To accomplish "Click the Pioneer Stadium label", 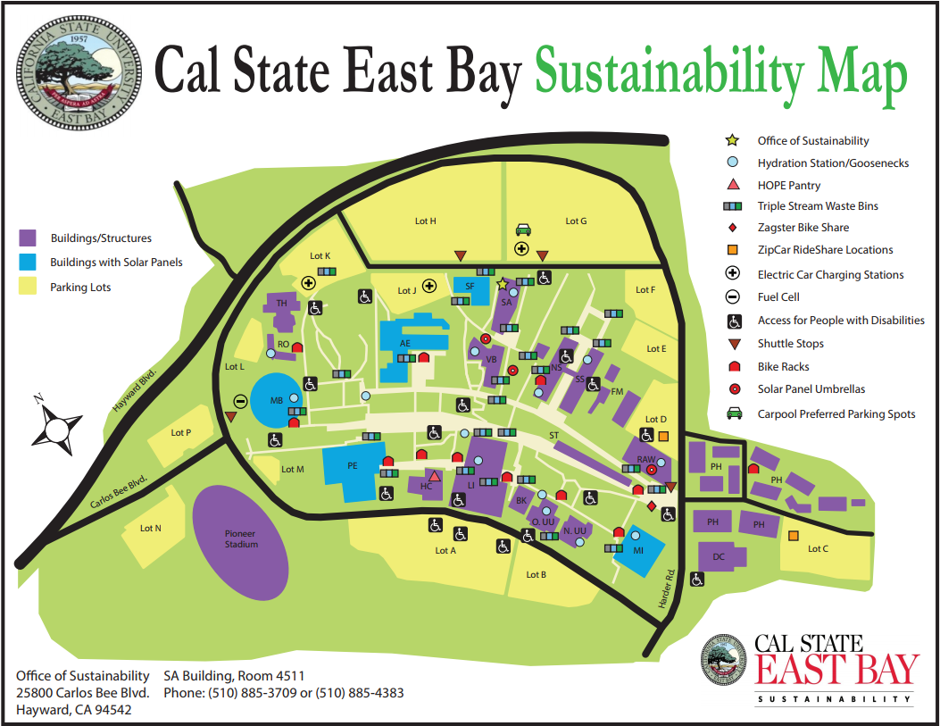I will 241,538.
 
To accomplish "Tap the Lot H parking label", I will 426,221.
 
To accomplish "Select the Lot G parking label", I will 576,221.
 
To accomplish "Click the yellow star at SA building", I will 502,283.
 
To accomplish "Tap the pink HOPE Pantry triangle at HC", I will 434,476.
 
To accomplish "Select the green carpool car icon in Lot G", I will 523,229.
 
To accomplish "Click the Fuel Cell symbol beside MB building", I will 240,401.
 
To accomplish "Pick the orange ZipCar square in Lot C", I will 793,535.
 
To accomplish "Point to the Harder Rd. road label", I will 666,590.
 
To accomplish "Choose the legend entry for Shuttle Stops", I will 790,344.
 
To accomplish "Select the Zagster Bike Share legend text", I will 803,228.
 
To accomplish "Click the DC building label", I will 719,557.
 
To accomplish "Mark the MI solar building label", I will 638,550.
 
